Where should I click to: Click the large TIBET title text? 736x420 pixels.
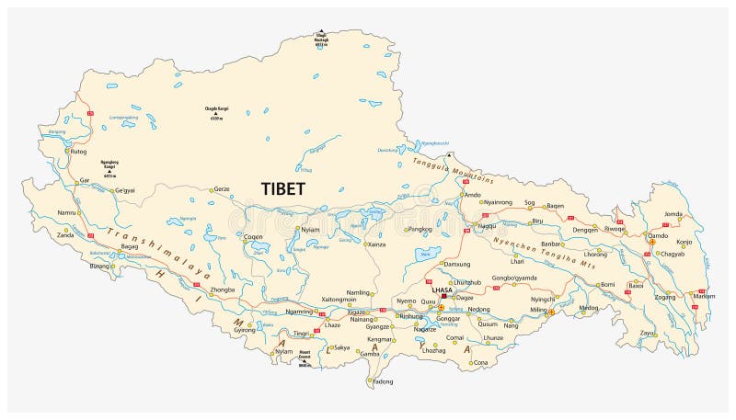284,187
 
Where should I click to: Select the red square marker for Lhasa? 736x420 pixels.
443,297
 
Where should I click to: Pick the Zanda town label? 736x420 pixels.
65,235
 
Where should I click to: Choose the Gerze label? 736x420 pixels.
221,189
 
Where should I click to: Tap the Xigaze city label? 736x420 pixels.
357,312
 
